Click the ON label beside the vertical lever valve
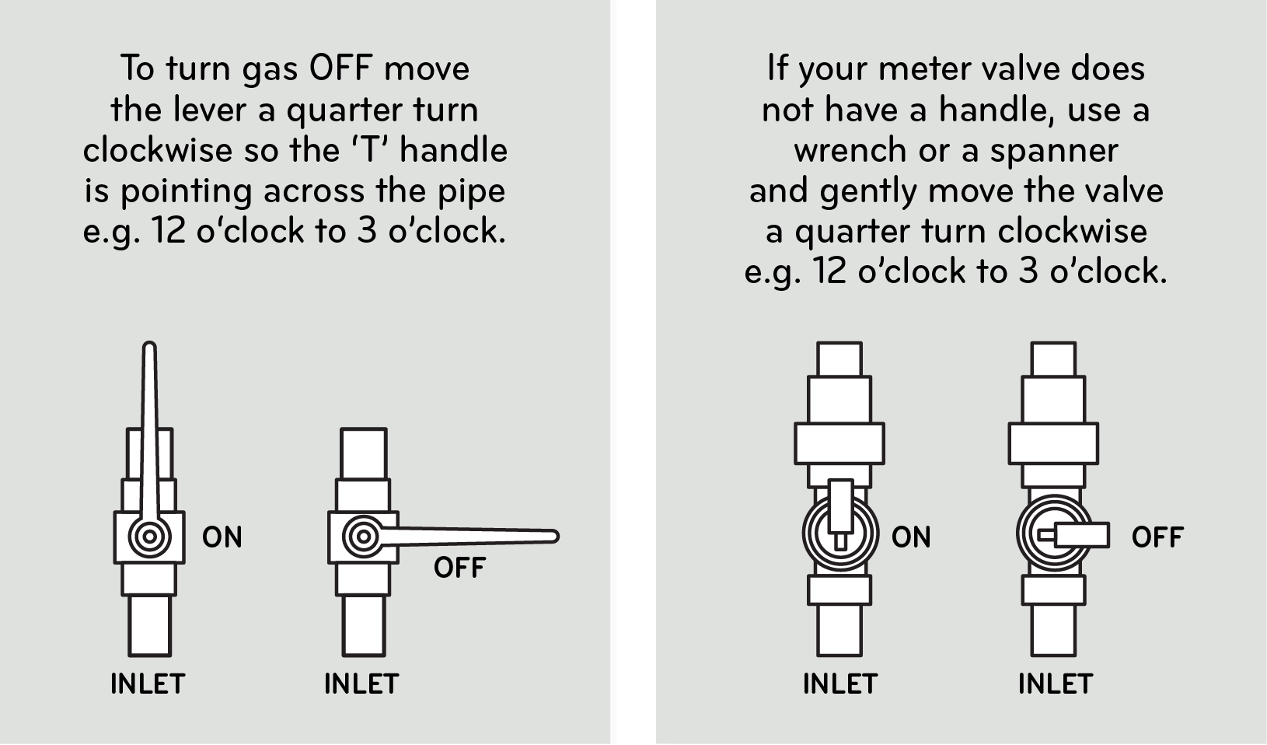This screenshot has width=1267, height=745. [222, 537]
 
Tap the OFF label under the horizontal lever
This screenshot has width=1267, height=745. [459, 568]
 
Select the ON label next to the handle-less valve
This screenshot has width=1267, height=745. [911, 537]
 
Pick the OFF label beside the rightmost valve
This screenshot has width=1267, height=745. [1157, 537]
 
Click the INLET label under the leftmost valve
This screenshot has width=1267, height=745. [148, 684]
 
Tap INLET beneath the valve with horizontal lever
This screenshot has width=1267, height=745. [361, 684]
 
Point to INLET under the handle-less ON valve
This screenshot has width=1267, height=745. [840, 684]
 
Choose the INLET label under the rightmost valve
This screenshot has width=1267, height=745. [1056, 684]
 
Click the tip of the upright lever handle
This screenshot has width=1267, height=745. [150, 348]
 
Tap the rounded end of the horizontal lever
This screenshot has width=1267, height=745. [553, 536]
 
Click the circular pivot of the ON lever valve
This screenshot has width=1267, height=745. [149, 537]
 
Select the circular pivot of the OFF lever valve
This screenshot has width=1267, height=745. [362, 537]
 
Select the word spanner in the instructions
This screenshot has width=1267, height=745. [1053, 150]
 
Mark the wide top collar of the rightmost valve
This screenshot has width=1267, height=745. [1053, 443]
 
